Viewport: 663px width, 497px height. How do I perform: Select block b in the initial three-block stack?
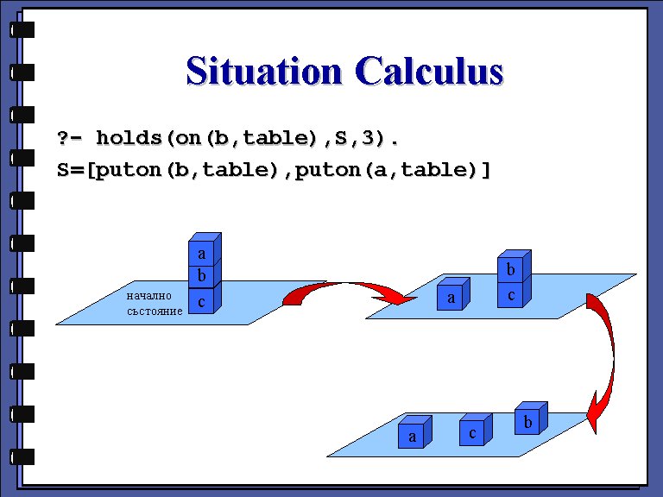click(203, 275)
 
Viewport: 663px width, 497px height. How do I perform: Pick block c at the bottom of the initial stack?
click(203, 300)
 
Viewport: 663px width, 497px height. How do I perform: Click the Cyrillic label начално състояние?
click(154, 302)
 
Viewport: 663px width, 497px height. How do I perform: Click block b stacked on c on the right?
click(512, 268)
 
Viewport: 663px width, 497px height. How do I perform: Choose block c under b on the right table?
click(512, 294)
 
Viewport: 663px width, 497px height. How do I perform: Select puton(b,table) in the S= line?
click(187, 170)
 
